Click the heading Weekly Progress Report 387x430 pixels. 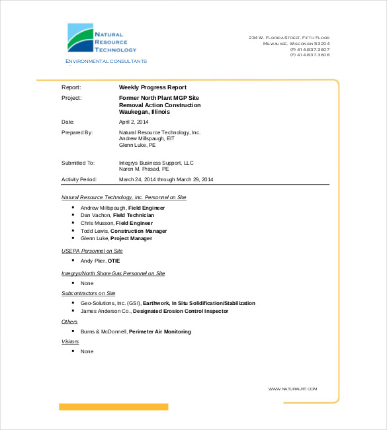152,87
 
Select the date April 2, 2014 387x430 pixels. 134,122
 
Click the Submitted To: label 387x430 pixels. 78,162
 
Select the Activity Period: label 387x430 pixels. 79,179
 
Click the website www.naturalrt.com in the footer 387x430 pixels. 293,389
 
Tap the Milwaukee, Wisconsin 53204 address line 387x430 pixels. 296,44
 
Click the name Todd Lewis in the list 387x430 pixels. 95,231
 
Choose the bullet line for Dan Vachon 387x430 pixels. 117,215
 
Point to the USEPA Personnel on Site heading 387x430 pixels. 92,251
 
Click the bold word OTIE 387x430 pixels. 114,261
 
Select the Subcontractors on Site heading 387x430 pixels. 88,292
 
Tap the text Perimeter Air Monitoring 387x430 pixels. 159,331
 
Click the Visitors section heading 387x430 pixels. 70,341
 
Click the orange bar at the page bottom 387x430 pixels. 113,407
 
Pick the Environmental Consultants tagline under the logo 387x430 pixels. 106,62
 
